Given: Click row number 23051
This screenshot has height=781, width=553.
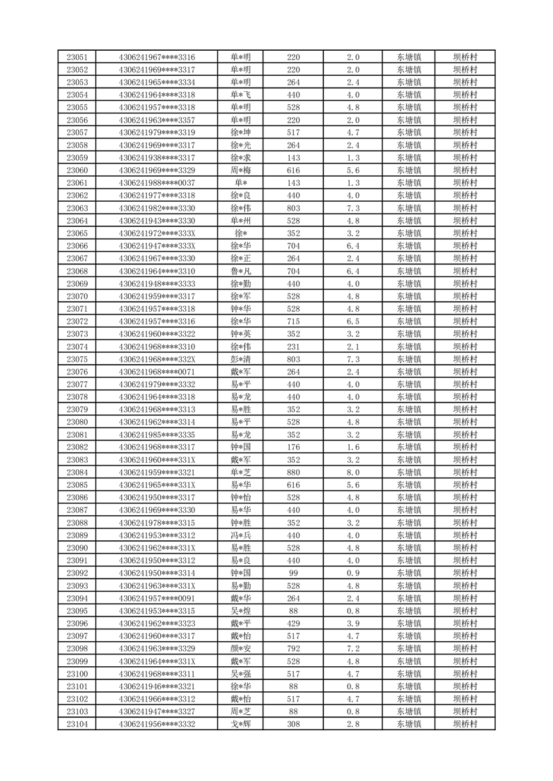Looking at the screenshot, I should coord(77,57).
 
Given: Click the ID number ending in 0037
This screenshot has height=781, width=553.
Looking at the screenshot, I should coord(157,183).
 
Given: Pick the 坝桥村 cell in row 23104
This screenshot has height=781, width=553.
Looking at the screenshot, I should coord(465,725).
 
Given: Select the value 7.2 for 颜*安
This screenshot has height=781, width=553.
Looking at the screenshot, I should coord(352,649).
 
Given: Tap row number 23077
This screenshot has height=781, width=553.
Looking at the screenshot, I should coord(77,384).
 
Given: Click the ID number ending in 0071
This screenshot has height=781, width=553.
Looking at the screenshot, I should coord(157,372).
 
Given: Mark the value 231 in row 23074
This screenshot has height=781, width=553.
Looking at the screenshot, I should coord(293,347).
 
